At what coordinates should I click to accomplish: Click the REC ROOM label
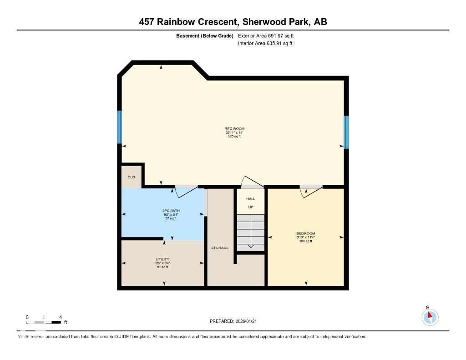tap(234, 129)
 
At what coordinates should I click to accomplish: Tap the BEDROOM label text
tap(305, 233)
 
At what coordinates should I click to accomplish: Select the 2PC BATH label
tap(171, 211)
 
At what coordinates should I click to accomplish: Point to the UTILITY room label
tap(162, 259)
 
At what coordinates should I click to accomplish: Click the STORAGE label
tap(220, 248)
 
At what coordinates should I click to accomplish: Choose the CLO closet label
tap(131, 177)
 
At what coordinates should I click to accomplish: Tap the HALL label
tap(250, 199)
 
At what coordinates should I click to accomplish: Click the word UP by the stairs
tap(250, 207)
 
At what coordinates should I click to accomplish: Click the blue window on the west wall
tap(120, 127)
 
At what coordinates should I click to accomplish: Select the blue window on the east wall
tap(346, 132)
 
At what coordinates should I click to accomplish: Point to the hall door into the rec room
tap(252, 182)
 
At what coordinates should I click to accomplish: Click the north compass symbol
tap(430, 316)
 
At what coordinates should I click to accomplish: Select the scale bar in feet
tap(44, 322)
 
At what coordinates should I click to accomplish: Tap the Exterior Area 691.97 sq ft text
tap(269, 35)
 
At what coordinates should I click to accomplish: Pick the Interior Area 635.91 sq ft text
tap(265, 44)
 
